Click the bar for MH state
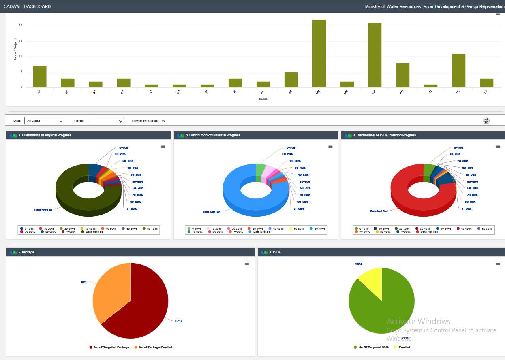coord(319,53)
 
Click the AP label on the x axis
coord(39,92)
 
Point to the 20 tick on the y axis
coord(20,26)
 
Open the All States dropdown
coord(44,121)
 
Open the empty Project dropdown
coord(105,121)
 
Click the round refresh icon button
coord(486,121)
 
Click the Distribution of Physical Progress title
coord(45,135)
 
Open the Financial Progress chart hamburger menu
coord(330,146)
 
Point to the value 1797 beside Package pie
coord(178,321)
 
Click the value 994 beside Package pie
coord(84,281)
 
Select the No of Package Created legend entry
coord(155,347)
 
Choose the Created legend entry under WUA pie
coord(404,347)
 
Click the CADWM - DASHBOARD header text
coord(27,6)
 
